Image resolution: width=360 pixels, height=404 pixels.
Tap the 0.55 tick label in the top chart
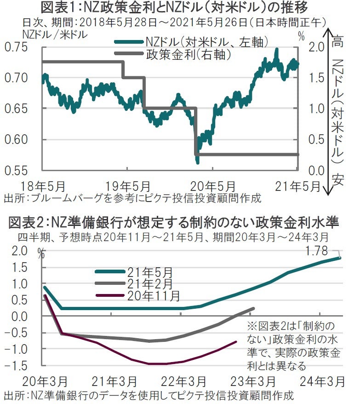click(x=16, y=171)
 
